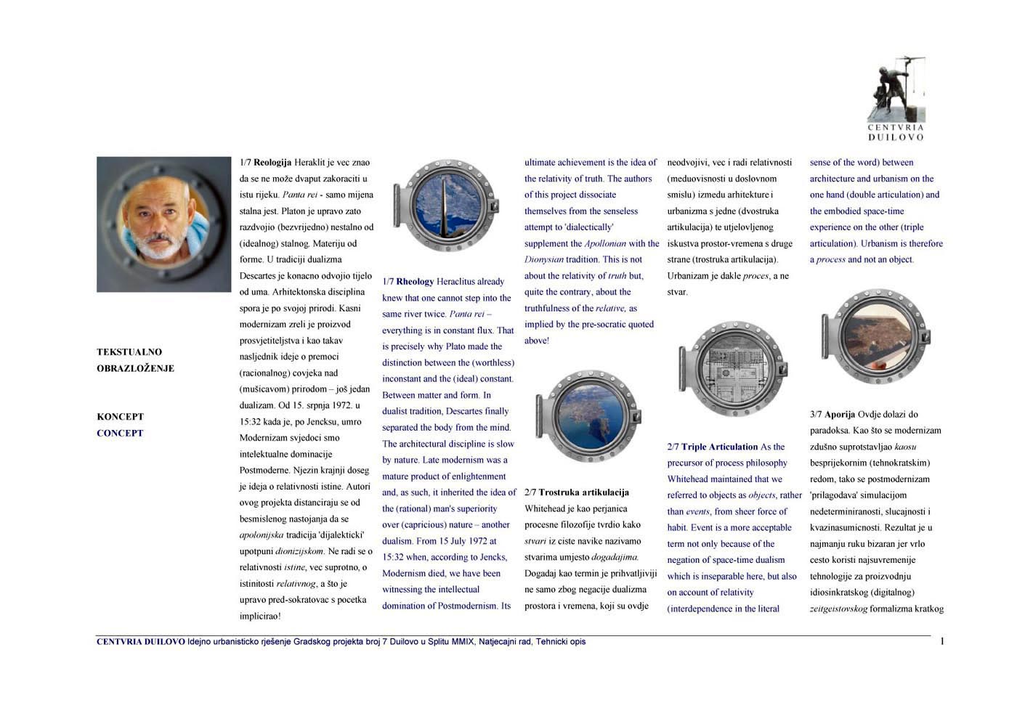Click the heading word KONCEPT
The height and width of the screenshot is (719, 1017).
coord(120,417)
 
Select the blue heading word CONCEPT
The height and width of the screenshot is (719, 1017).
coord(120,433)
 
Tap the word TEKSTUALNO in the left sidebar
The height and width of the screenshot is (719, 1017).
coord(129,352)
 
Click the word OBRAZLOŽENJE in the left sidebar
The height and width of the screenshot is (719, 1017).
coord(135,368)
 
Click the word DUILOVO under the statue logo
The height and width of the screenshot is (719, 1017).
coord(896,137)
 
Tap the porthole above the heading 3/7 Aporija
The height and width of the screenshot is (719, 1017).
coord(875,336)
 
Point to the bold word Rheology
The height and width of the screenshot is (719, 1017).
coord(415,282)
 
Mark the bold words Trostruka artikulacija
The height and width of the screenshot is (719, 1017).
coord(584,492)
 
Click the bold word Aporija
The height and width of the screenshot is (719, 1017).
coord(840,415)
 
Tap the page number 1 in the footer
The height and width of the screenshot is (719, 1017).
coord(942,641)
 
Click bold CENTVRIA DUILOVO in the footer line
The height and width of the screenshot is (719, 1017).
coord(141,642)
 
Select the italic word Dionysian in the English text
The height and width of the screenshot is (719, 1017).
coord(544,259)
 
